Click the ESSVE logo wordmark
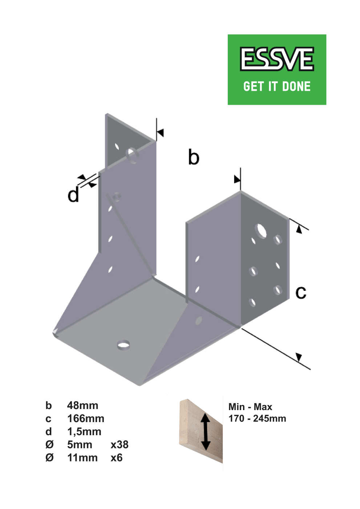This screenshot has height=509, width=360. pyautogui.click(x=277, y=59)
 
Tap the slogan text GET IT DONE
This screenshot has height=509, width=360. pyautogui.click(x=277, y=87)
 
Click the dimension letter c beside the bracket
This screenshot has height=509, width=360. pyautogui.click(x=301, y=292)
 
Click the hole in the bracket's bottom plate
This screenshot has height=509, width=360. pyautogui.click(x=124, y=345)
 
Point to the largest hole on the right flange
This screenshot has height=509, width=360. pyautogui.click(x=261, y=231)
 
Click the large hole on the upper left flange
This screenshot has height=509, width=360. pyautogui.click(x=133, y=156)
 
